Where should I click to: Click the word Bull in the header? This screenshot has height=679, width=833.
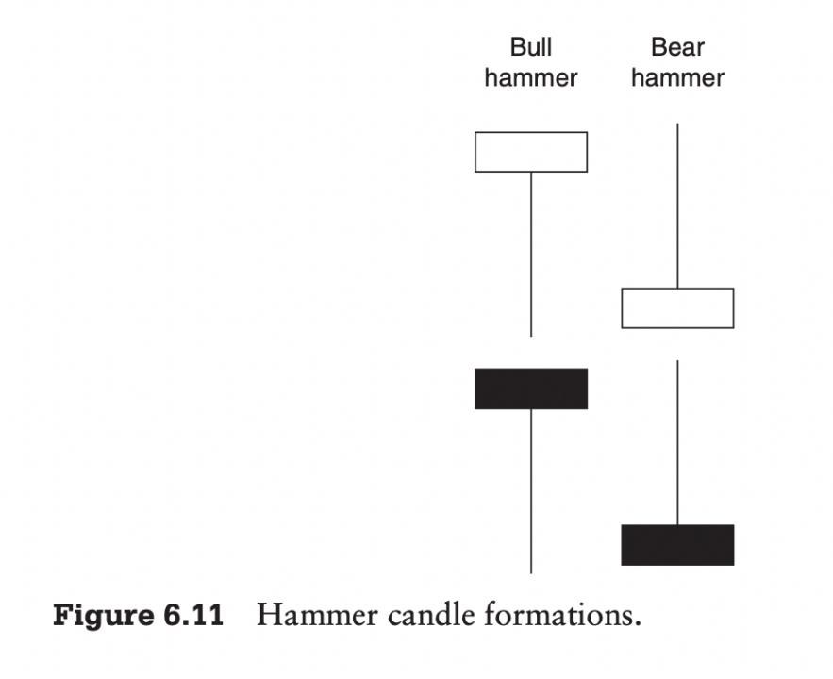[530, 47]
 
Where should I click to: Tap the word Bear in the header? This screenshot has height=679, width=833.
[677, 47]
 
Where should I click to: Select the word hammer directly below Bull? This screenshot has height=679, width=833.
[530, 77]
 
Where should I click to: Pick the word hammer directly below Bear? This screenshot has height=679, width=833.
[677, 77]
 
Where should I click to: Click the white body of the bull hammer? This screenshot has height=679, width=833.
[531, 152]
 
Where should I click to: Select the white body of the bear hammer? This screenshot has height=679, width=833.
[677, 308]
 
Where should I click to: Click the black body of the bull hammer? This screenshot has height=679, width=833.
[531, 389]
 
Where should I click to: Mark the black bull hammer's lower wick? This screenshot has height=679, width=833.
[531, 490]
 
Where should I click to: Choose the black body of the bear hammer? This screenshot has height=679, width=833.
[677, 545]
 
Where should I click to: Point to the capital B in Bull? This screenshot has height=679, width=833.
[517, 47]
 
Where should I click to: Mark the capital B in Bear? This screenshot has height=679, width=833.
[658, 47]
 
